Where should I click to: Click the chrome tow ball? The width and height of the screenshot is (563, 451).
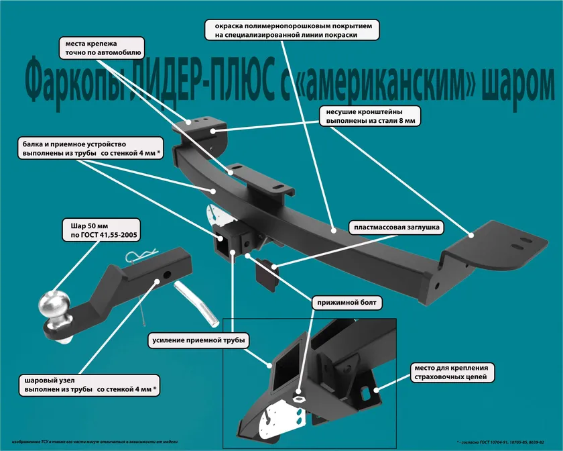(x=52, y=305)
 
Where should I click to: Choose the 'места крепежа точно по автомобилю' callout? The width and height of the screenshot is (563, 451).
(x=101, y=46)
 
